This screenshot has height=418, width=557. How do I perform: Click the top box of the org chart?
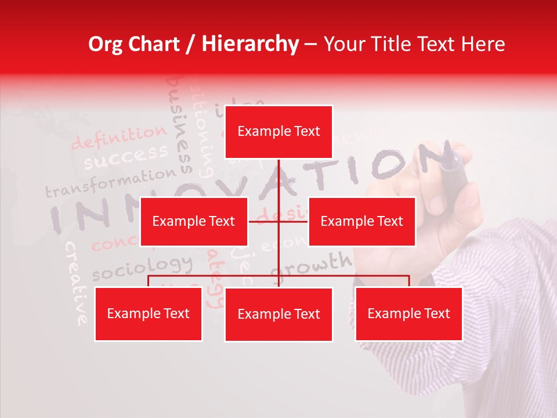278,132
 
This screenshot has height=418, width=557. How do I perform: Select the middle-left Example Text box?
194,221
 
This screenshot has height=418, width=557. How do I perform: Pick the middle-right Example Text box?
361,221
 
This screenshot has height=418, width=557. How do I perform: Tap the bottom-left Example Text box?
149,313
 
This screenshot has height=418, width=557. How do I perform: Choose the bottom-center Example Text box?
278,314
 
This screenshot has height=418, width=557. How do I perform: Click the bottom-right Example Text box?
408,313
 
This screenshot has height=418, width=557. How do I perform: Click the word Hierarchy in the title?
250,44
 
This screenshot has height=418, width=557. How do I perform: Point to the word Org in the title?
105,44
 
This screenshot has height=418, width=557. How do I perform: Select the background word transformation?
110,182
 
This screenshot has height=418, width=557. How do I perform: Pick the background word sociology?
142,267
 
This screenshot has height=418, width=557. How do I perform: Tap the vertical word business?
180,125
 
